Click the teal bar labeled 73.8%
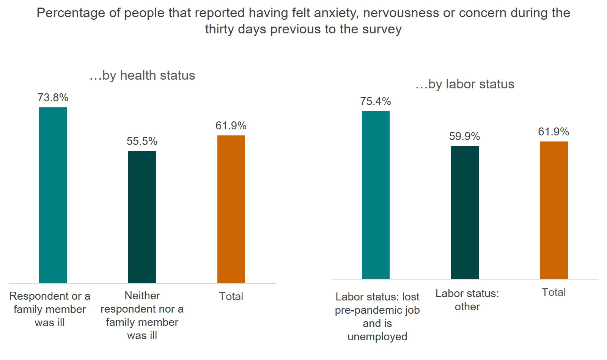pyautogui.click(x=53, y=195)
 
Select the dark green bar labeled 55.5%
pyautogui.click(x=142, y=217)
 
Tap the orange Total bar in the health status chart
pyautogui.click(x=231, y=209)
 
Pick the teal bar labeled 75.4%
pyautogui.click(x=376, y=195)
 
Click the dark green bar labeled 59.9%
pyautogui.click(x=465, y=212)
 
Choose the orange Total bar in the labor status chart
pyautogui.click(x=554, y=210)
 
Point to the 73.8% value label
pyautogui.click(x=53, y=98)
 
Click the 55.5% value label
pyautogui.click(x=142, y=141)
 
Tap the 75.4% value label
pyautogui.click(x=376, y=102)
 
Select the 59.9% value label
pyautogui.click(x=465, y=137)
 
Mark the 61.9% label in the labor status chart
pyautogui.click(x=554, y=132)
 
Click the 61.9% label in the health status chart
pyautogui.click(x=231, y=126)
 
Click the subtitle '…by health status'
pyautogui.click(x=142, y=75)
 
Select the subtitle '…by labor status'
pyautogui.click(x=465, y=84)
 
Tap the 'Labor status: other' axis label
pyautogui.click(x=467, y=300)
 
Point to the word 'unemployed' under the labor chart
pyautogui.click(x=377, y=337)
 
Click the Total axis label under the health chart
pyautogui.click(x=231, y=297)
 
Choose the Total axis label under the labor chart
pyautogui.click(x=554, y=292)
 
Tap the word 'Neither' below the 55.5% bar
pyautogui.click(x=142, y=296)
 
